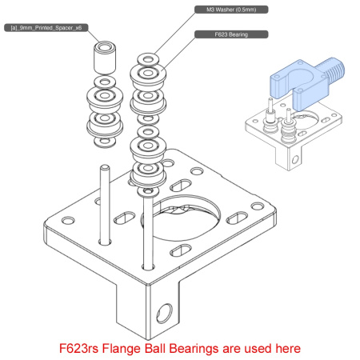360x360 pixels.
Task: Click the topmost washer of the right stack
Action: tap(148, 60)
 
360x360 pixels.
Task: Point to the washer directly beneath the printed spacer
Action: tap(103, 82)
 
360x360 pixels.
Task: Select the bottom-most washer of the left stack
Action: tap(102, 143)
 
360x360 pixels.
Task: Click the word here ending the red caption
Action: tap(286, 348)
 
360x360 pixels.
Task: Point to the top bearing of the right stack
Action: tap(148, 77)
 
